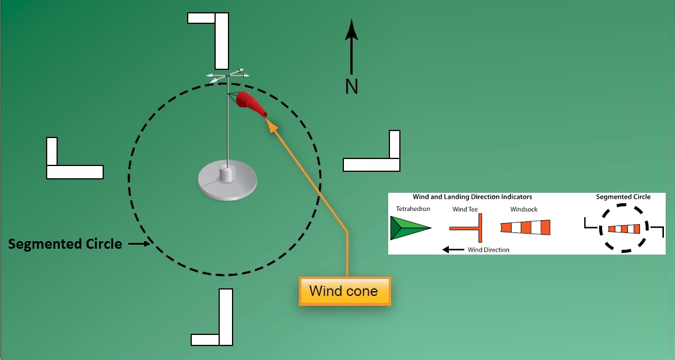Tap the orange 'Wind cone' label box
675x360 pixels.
point(343,291)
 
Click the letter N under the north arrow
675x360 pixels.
point(351,87)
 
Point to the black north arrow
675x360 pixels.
point(351,47)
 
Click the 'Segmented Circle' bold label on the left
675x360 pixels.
point(65,244)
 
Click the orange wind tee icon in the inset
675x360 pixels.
point(469,227)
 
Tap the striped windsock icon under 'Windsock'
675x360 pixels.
point(525,227)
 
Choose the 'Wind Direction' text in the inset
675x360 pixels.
point(488,250)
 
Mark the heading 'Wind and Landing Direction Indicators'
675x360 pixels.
point(472,197)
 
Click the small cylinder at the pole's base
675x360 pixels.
point(227,174)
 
